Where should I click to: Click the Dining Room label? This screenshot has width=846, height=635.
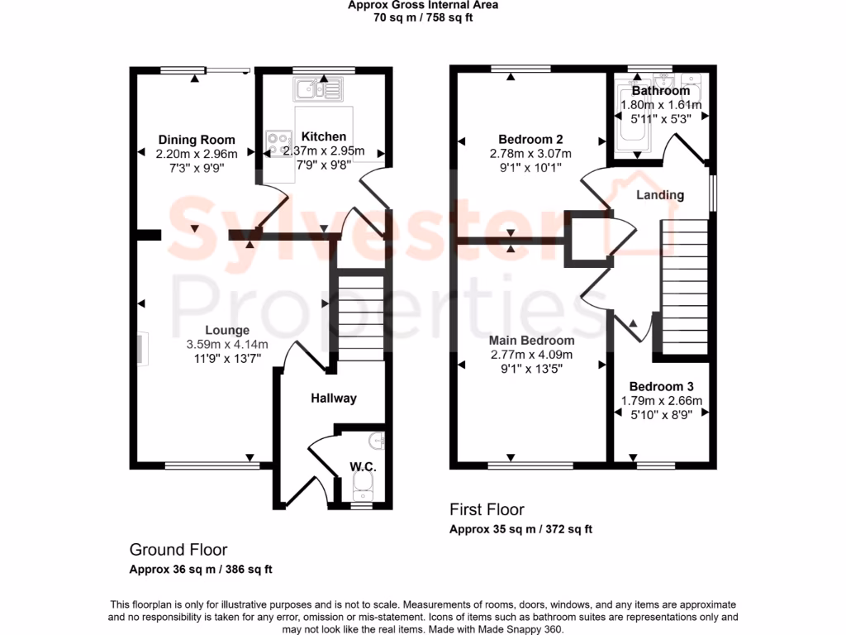pyautogui.click(x=197, y=140)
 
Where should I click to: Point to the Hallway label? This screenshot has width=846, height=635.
pyautogui.click(x=334, y=399)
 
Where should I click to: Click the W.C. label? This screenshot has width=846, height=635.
pyautogui.click(x=363, y=467)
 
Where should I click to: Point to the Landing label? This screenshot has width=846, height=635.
pyautogui.click(x=660, y=195)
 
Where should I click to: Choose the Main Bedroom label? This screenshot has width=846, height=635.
pyautogui.click(x=531, y=341)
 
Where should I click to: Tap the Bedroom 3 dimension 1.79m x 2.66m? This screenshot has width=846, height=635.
pyautogui.click(x=662, y=401)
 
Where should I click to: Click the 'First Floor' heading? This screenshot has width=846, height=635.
pyautogui.click(x=487, y=509)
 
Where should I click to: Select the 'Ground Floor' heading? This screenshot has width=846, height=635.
pyautogui.click(x=178, y=549)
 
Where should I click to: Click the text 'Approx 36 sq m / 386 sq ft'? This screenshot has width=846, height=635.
pyautogui.click(x=201, y=569)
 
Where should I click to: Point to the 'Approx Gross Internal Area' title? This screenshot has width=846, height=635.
pyautogui.click(x=422, y=4)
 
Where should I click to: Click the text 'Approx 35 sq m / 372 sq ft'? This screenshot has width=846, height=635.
pyautogui.click(x=520, y=529)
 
